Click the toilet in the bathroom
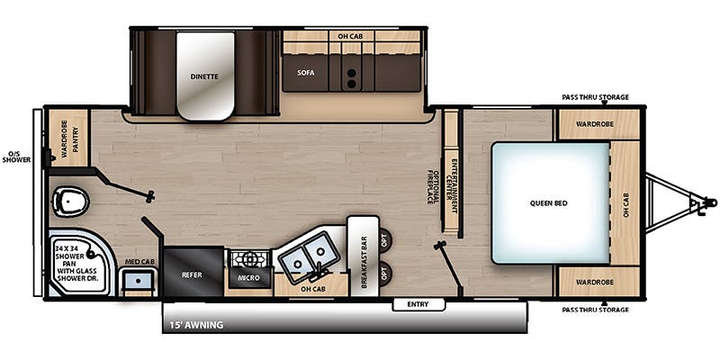(70, 202)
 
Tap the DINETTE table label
(204, 76)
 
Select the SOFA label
(305, 73)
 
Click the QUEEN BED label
(548, 203)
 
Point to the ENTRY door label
(418, 304)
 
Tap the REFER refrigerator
(193, 272)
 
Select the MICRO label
(250, 278)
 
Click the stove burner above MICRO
(250, 260)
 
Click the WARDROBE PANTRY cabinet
(68, 138)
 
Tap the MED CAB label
(139, 262)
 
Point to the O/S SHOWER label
(16, 157)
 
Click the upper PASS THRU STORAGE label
(595, 97)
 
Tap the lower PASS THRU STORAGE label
(595, 310)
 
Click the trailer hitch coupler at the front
(709, 202)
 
